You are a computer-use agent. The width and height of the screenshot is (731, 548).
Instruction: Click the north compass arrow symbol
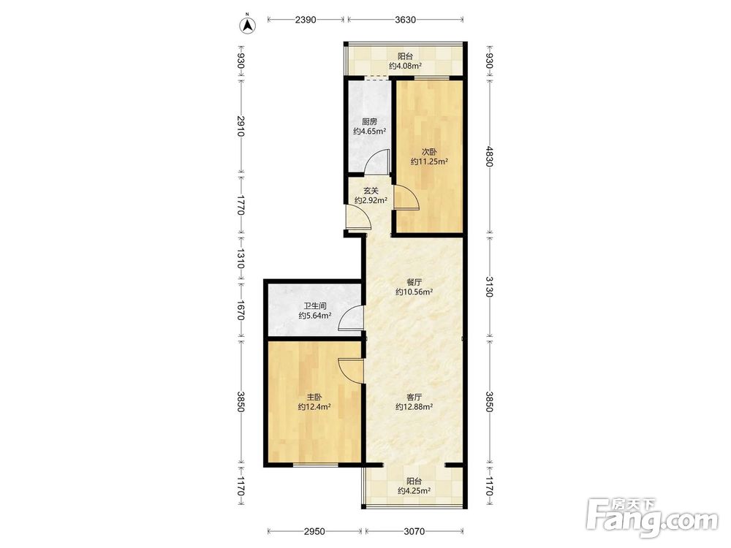click(x=248, y=25)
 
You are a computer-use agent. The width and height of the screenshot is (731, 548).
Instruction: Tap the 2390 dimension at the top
click(x=306, y=20)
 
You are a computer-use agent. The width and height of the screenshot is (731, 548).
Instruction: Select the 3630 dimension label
click(x=405, y=20)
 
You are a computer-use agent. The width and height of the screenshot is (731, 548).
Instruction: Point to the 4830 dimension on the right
click(x=489, y=156)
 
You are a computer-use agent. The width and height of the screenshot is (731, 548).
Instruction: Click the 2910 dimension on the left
click(x=240, y=126)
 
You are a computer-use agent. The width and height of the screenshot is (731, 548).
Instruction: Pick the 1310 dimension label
click(x=240, y=258)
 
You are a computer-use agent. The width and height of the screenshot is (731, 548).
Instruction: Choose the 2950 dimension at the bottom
click(x=314, y=531)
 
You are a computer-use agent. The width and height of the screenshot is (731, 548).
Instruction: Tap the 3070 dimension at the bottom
click(x=414, y=531)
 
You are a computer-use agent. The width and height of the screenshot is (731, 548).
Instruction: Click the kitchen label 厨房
click(x=369, y=121)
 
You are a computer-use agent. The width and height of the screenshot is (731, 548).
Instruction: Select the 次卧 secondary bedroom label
click(x=429, y=151)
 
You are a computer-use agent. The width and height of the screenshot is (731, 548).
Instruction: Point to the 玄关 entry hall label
click(x=371, y=191)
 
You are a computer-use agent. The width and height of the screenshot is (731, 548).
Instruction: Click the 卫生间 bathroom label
click(x=315, y=306)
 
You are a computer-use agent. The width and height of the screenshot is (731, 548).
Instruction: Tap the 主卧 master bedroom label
click(x=314, y=397)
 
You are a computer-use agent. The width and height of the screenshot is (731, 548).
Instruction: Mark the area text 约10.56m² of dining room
click(x=414, y=292)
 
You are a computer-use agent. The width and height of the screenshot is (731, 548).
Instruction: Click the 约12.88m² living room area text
click(x=414, y=407)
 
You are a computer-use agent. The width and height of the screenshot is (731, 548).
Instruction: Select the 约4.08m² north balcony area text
click(x=405, y=66)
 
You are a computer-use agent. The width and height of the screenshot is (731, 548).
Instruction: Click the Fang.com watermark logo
click(x=652, y=517)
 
